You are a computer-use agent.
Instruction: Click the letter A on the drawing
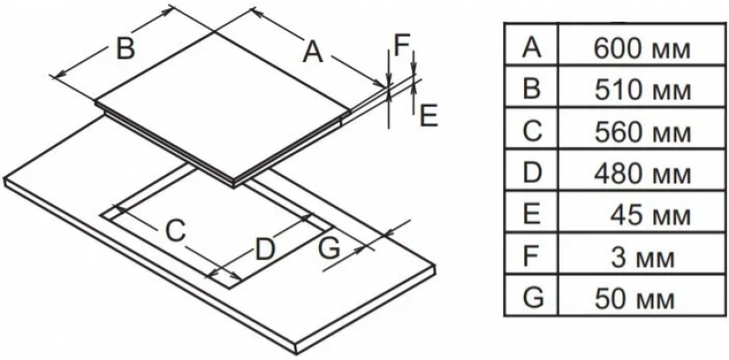click(313, 51)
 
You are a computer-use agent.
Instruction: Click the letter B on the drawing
click(125, 48)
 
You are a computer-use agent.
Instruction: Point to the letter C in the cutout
click(176, 231)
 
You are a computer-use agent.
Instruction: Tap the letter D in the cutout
click(265, 249)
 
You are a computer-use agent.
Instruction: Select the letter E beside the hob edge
click(428, 116)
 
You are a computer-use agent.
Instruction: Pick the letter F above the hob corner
click(401, 46)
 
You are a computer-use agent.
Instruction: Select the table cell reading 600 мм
click(642, 49)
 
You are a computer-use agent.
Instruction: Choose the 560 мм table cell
click(642, 132)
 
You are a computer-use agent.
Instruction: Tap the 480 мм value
click(642, 174)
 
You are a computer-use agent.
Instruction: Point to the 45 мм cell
click(651, 215)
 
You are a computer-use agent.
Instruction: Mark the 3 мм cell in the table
click(642, 258)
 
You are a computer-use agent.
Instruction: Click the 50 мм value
click(634, 299)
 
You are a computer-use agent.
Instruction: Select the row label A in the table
click(532, 47)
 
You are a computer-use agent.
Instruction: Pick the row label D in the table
click(532, 173)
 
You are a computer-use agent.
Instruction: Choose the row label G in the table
click(533, 298)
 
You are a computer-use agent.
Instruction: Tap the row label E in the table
click(531, 214)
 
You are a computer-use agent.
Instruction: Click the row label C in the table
click(532, 131)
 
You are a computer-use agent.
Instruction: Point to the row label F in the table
click(531, 256)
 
